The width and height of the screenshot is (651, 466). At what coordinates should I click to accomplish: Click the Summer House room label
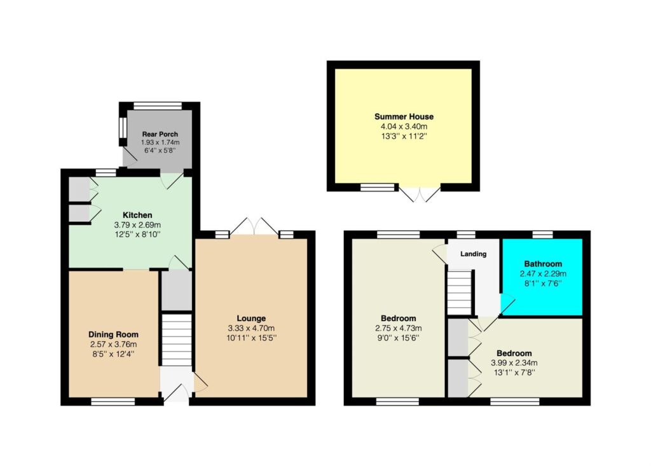click(x=404, y=117)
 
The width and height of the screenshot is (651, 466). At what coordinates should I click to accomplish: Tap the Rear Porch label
click(x=160, y=134)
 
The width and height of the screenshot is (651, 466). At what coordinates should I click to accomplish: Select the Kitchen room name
click(x=137, y=215)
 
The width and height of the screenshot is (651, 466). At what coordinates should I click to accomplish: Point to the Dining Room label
click(x=113, y=334)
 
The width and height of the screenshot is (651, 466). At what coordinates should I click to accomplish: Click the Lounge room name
click(x=251, y=319)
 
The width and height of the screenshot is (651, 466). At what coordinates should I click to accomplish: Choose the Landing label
click(x=473, y=254)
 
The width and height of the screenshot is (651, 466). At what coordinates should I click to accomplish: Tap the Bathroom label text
click(x=543, y=264)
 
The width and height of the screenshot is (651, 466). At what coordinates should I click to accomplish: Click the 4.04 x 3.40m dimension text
click(x=404, y=127)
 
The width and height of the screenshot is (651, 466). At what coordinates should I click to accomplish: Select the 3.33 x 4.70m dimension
click(x=251, y=328)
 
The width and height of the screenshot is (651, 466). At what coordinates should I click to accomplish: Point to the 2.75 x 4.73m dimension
click(x=398, y=328)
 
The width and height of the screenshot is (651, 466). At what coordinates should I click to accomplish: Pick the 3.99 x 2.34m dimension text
click(x=514, y=362)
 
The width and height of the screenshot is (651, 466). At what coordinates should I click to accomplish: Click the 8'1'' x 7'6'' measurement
click(x=543, y=284)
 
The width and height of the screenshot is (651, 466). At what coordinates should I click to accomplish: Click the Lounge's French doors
click(x=254, y=226)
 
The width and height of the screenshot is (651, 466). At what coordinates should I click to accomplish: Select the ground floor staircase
click(x=177, y=340)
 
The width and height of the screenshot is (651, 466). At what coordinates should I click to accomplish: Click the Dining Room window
click(x=113, y=401)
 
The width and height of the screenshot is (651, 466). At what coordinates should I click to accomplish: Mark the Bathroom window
click(x=543, y=235)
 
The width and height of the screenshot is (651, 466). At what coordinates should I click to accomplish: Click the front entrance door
click(x=177, y=393)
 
